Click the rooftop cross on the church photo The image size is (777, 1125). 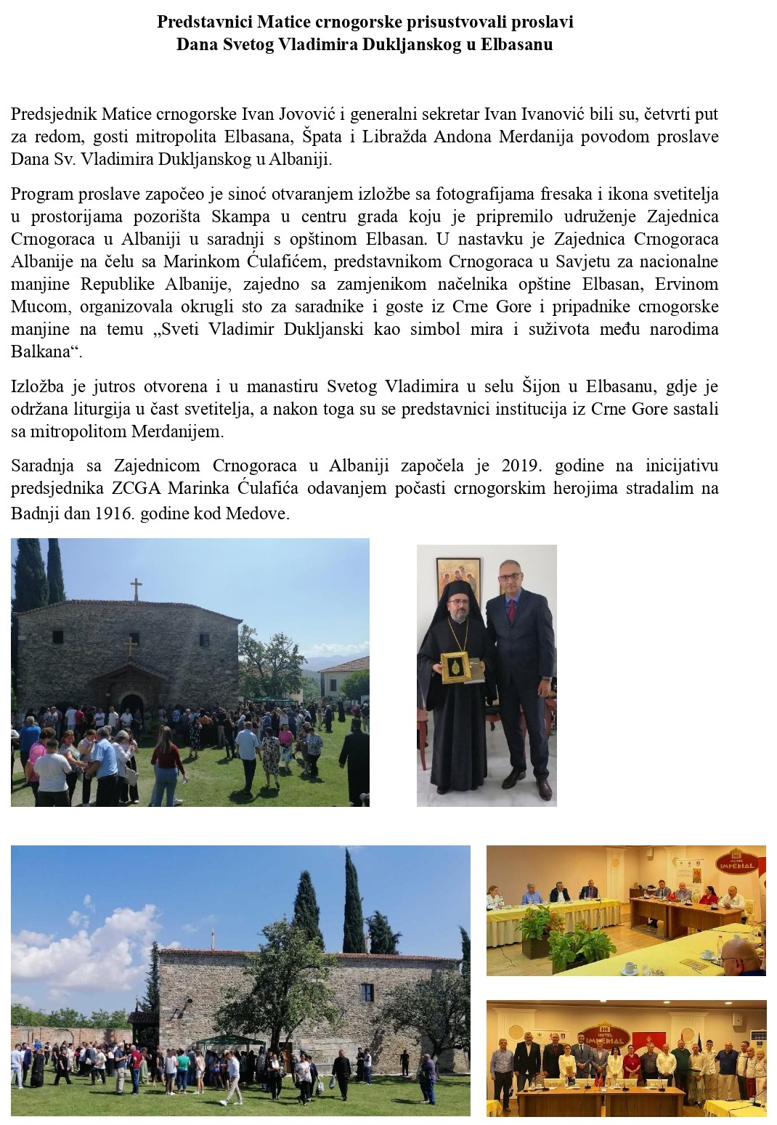(135, 589)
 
